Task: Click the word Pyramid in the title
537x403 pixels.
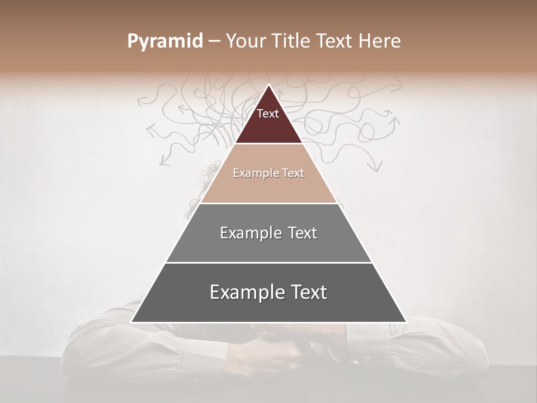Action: (x=165, y=41)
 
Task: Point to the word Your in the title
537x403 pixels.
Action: (x=246, y=41)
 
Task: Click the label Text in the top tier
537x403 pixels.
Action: (x=268, y=114)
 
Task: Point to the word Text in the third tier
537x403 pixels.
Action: (x=302, y=233)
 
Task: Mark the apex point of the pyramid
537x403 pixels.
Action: (x=268, y=85)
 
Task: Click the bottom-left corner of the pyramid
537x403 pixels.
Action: (x=131, y=322)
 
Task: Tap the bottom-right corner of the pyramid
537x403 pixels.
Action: (x=406, y=322)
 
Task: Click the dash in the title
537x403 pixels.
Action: (x=214, y=41)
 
